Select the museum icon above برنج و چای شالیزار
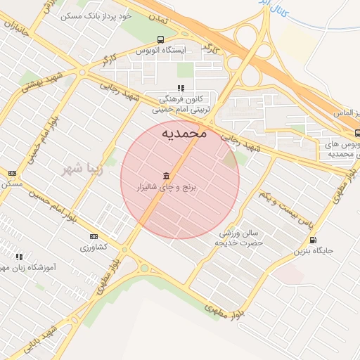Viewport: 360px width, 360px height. pyautogui.click(x=166, y=175)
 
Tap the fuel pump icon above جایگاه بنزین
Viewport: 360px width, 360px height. pyautogui.click(x=313, y=239)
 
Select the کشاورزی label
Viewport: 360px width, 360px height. pyautogui.click(x=94, y=247)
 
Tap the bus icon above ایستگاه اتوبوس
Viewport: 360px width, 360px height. pyautogui.click(x=162, y=39)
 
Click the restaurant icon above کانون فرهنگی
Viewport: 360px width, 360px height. pyautogui.click(x=181, y=88)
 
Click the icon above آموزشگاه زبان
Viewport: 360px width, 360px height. pyautogui.click(x=19, y=257)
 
